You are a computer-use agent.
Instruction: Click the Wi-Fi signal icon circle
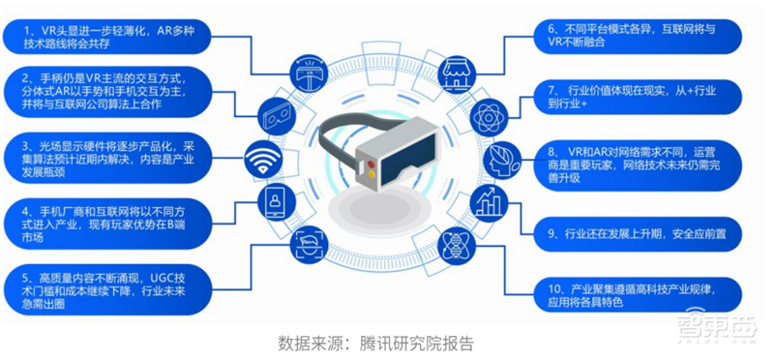263,159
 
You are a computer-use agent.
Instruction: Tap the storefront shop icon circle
455,72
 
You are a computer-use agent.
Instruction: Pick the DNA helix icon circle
455,245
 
